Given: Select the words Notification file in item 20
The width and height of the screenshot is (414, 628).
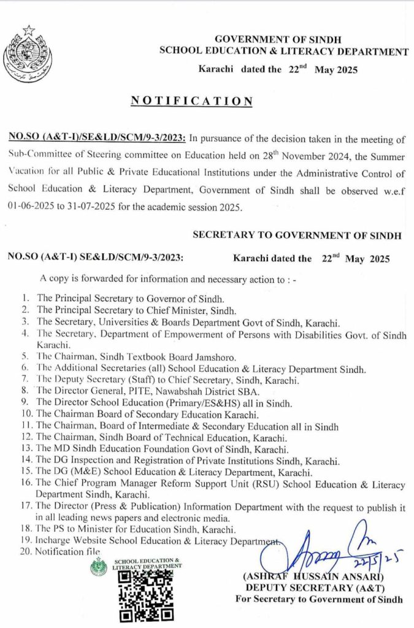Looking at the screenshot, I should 67,552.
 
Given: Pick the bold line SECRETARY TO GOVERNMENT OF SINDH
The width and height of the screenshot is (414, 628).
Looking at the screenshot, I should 297,235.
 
